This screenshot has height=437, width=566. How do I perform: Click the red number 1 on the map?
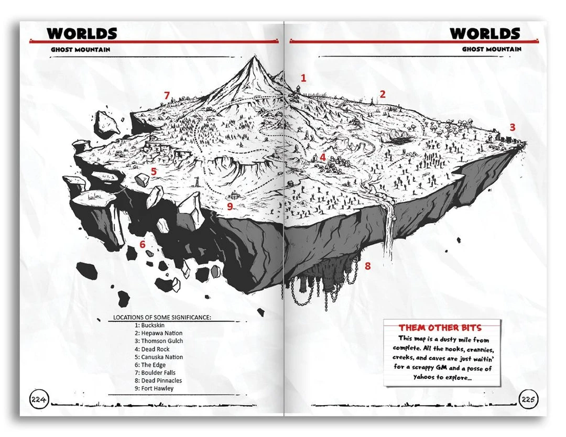(303, 78)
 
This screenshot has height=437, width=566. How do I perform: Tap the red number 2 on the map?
(383, 94)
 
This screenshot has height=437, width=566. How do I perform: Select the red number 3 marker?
(513, 127)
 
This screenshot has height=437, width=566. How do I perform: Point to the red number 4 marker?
(322, 157)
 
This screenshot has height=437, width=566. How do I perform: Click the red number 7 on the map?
(167, 95)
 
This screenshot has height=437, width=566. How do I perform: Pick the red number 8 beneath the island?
(367, 266)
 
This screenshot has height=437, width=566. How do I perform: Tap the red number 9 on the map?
(230, 206)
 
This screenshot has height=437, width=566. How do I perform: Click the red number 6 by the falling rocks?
(142, 244)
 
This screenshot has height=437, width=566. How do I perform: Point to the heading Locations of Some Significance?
(162, 317)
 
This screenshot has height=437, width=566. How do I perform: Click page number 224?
(39, 400)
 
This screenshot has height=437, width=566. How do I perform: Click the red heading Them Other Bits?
(440, 327)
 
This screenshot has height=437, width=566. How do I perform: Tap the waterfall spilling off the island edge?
(388, 231)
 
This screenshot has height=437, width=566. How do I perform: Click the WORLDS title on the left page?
(82, 33)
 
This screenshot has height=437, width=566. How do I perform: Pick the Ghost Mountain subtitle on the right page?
(492, 49)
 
